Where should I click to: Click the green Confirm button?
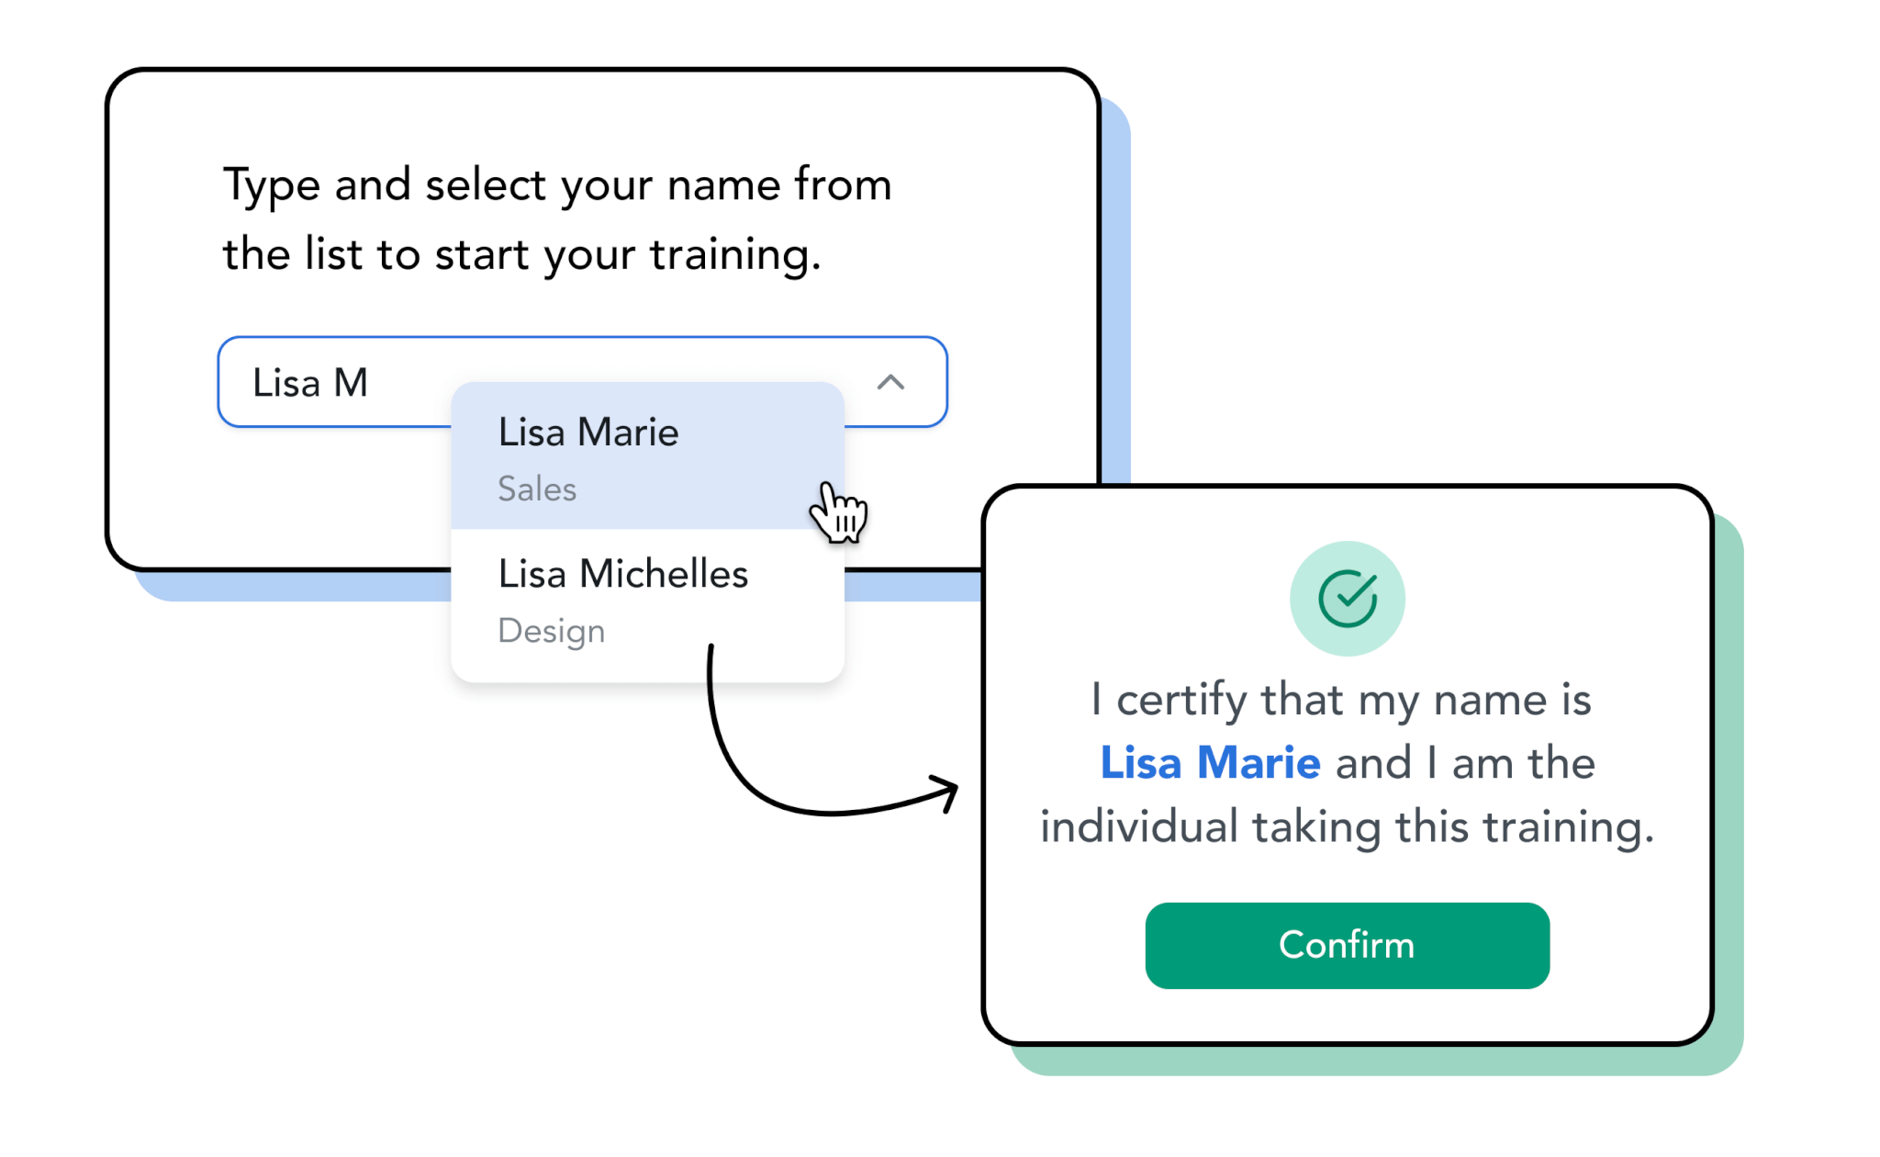[x=1347, y=945]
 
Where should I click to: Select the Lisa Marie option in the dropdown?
[x=647, y=456]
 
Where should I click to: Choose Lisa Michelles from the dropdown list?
[x=647, y=601]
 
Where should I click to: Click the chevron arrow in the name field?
[x=890, y=382]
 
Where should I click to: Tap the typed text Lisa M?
[x=310, y=383]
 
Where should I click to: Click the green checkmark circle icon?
[x=1347, y=599]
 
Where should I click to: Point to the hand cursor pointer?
[x=838, y=512]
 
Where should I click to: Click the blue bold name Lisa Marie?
[x=1210, y=762]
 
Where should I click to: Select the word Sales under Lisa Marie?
[x=537, y=489]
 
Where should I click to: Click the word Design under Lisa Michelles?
[x=551, y=632]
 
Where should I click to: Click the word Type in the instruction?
[x=272, y=186]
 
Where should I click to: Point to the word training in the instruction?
[x=735, y=256]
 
